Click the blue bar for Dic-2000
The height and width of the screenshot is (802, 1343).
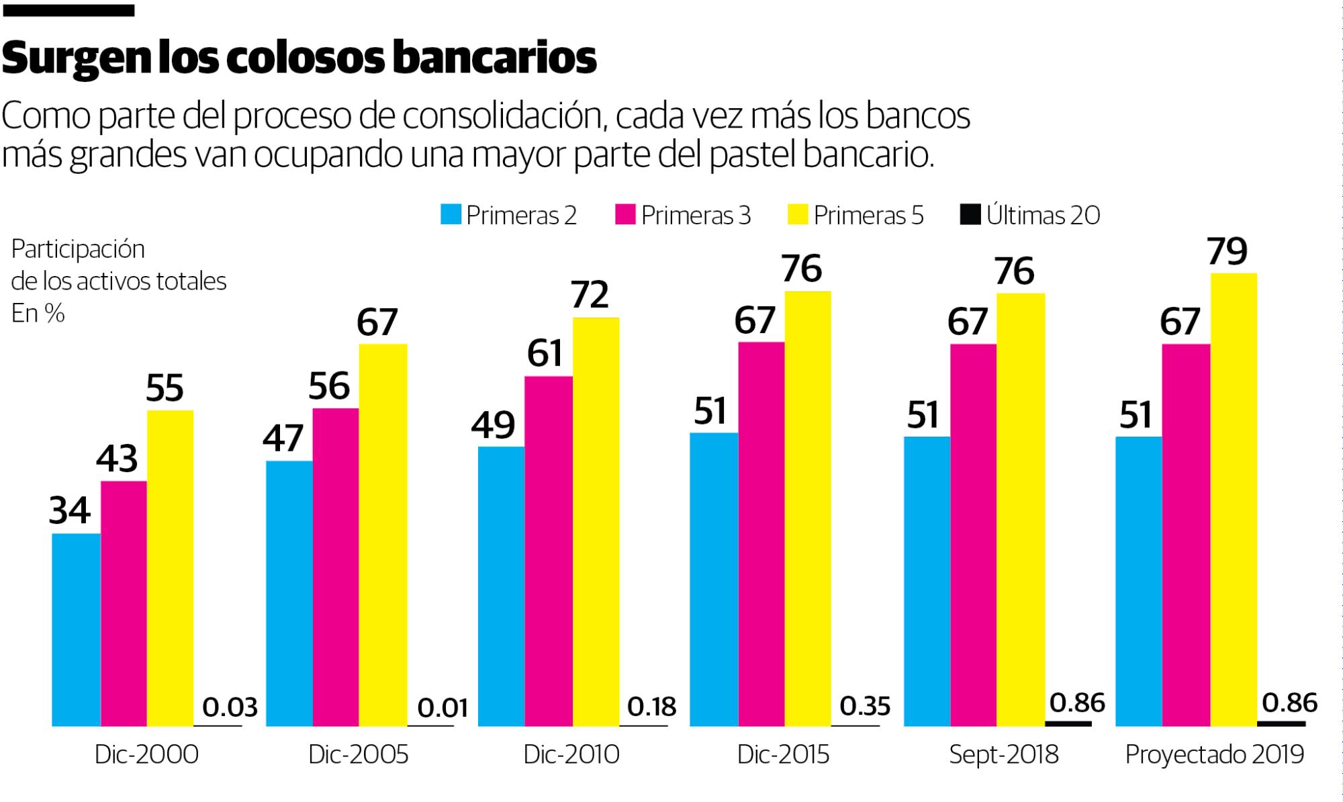[76, 629]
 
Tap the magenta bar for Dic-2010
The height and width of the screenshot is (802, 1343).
[548, 551]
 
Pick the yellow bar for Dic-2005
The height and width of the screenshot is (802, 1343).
[383, 535]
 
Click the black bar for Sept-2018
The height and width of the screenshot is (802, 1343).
[1068, 723]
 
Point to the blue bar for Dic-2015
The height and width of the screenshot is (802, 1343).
[714, 579]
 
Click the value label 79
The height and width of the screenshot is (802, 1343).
[1227, 252]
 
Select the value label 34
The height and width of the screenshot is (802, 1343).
[69, 510]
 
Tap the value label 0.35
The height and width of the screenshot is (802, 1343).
[865, 707]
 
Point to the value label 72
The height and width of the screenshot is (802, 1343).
[590, 295]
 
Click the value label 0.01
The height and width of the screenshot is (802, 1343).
[443, 708]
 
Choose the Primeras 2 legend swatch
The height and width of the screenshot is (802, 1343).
[451, 215]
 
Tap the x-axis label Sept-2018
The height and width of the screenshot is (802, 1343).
[1003, 755]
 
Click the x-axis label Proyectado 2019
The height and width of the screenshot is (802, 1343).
[1214, 755]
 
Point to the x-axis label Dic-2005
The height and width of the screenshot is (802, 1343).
[358, 755]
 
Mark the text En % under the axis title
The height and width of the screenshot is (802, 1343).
[38, 313]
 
